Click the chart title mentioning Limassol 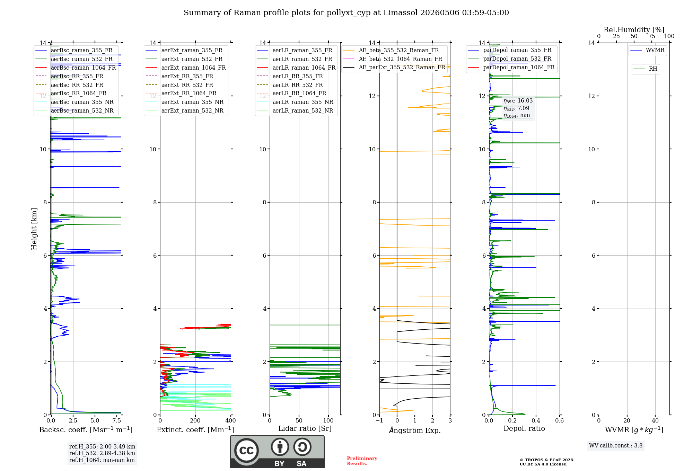click(x=346, y=13)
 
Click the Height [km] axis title click(x=34, y=229)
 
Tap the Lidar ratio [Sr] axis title click(x=305, y=428)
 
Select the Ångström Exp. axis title click(x=415, y=430)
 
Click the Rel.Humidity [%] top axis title click(x=634, y=30)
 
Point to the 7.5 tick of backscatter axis click(x=117, y=420)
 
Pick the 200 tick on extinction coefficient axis click(x=195, y=420)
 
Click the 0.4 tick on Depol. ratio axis click(x=536, y=420)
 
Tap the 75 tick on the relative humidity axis click(x=652, y=36)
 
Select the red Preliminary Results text click(x=362, y=461)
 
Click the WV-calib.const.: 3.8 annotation click(x=616, y=446)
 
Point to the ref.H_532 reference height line click(x=102, y=453)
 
